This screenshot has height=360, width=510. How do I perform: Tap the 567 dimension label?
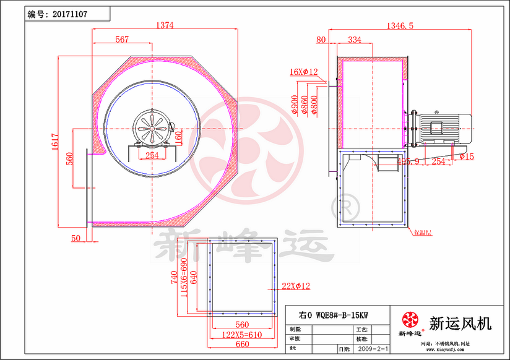point(122,40)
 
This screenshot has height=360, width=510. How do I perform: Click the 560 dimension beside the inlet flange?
point(70,159)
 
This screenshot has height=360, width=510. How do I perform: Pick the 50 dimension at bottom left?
point(76,238)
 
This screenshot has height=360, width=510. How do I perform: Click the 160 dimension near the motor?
point(179,135)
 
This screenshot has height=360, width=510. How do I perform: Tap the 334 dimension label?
point(355,40)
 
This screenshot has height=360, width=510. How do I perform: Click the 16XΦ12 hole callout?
point(303,72)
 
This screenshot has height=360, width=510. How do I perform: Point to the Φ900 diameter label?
point(293,105)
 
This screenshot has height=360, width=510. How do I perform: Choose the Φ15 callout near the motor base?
point(467,157)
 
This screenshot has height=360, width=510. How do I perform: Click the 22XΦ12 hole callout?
point(296,285)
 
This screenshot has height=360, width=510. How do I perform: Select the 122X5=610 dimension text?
point(242,334)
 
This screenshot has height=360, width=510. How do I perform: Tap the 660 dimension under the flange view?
point(241,345)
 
